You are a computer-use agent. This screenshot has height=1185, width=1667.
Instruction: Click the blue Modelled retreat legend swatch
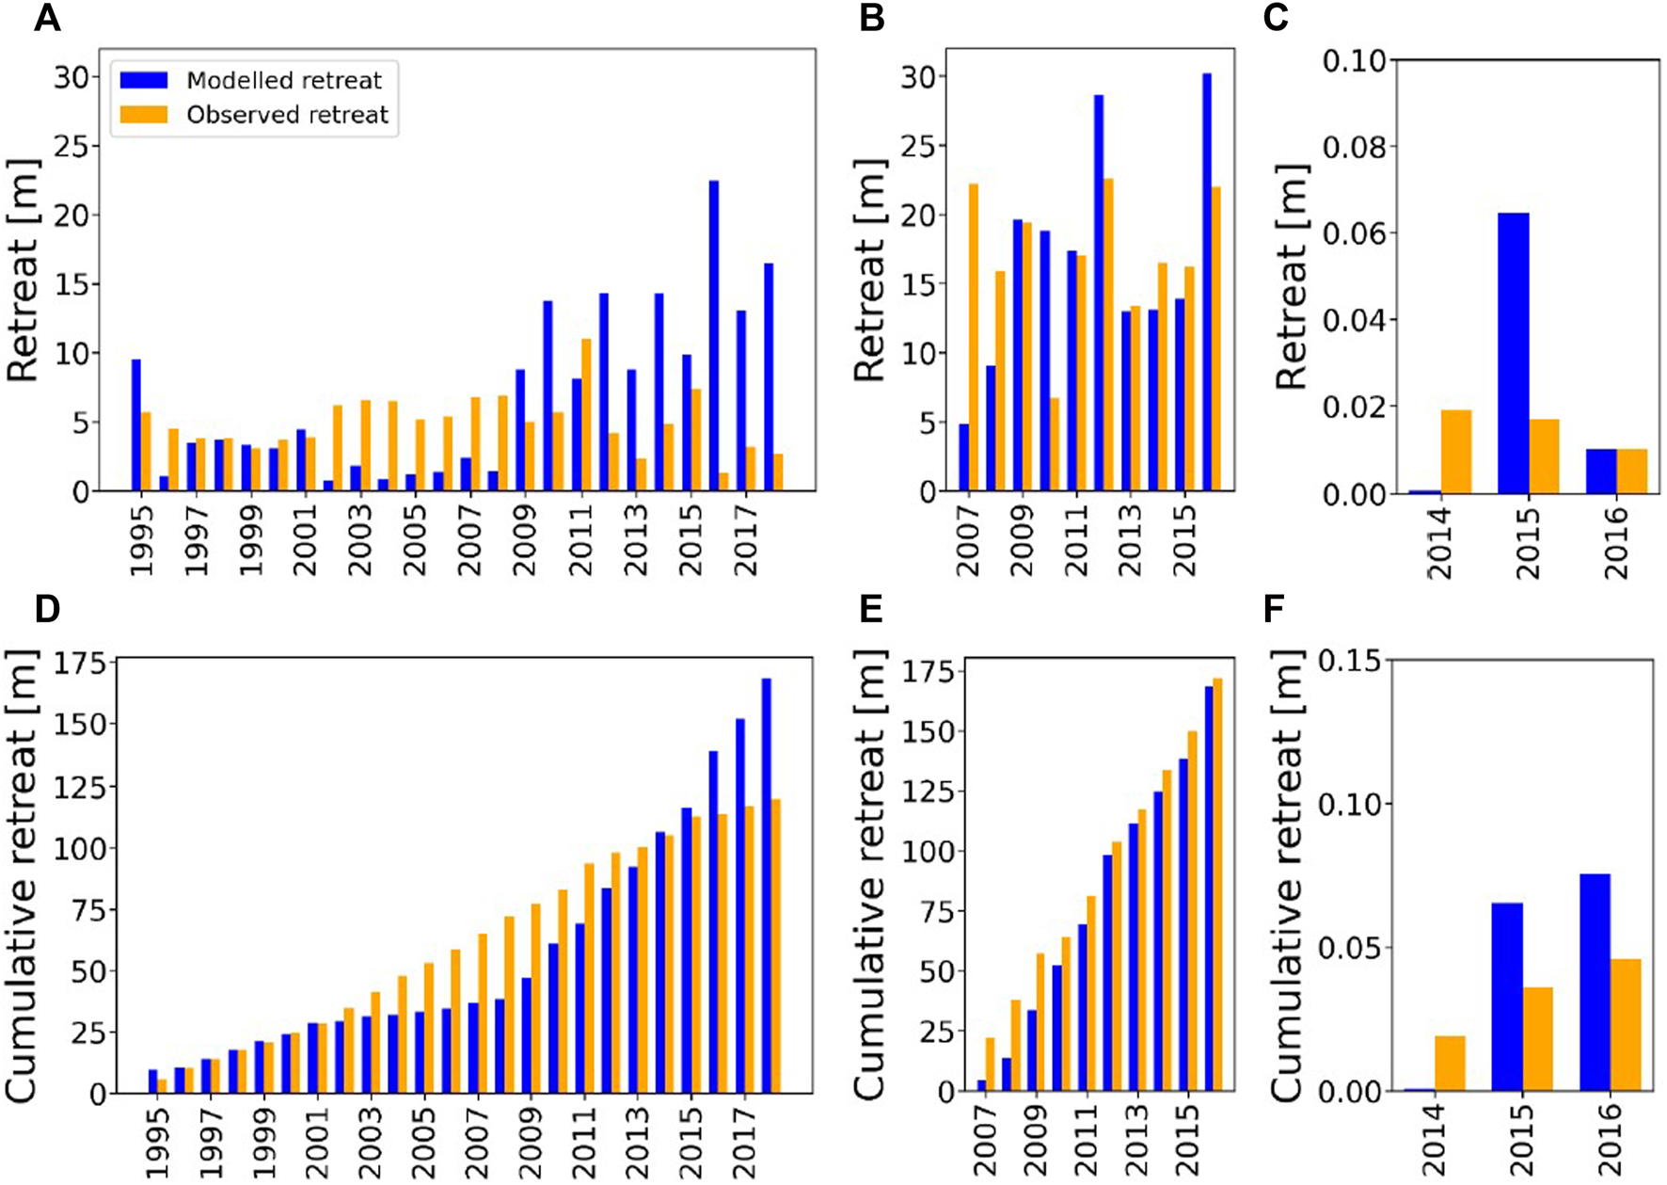coord(144,80)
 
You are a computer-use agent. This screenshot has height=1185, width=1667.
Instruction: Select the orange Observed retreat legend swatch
coord(144,115)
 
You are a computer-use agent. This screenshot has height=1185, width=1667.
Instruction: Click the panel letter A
coord(47,18)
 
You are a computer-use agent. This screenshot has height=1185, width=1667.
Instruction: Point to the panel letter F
coord(1275,609)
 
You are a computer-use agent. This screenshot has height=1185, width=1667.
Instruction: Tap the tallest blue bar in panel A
coord(714,335)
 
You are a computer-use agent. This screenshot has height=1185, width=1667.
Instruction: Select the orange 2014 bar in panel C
coord(1456,452)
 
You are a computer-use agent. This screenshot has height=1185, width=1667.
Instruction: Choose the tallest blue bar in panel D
coord(767,885)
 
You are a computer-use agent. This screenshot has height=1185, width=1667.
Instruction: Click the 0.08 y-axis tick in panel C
coord(1353,147)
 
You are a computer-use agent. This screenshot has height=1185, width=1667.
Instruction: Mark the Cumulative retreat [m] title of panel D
coord(21,875)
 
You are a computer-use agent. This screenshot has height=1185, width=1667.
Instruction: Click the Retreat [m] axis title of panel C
coord(1293,277)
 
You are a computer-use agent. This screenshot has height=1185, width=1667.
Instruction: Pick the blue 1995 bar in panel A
coord(136,424)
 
